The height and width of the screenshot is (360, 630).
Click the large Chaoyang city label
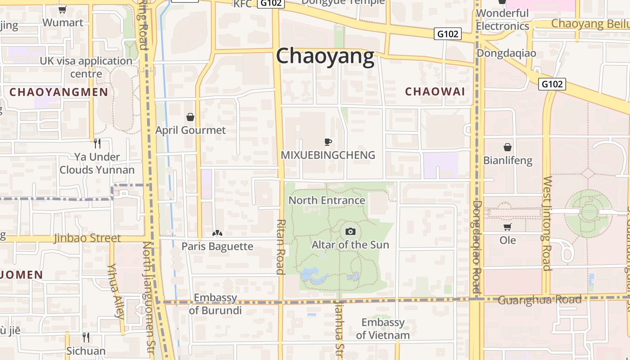tap(325, 57)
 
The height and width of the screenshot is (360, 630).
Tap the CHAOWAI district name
tap(435, 92)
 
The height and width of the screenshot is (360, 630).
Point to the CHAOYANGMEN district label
tap(58, 92)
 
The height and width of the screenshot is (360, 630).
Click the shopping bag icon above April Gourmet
tap(190, 117)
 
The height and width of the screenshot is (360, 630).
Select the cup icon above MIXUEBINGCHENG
tap(328, 142)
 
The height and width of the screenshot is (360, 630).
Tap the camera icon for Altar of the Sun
tap(350, 232)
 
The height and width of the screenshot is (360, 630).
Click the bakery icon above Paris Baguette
tap(217, 234)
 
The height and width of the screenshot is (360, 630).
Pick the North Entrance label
tap(327, 200)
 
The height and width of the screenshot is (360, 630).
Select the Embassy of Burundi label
tap(215, 304)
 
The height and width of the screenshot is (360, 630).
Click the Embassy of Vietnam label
tap(383, 328)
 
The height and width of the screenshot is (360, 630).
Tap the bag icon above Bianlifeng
tap(508, 147)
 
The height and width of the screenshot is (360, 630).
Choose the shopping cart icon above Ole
tap(508, 227)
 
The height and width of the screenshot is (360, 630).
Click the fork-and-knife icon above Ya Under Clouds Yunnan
tap(97, 144)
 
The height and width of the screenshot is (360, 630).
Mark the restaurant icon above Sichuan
tap(86, 337)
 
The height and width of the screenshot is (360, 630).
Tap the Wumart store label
tap(63, 22)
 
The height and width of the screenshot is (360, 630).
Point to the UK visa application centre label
tap(86, 67)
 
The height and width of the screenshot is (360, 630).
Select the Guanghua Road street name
tap(540, 300)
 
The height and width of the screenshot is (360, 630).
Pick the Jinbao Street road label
tap(87, 238)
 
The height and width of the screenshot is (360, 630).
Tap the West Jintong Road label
tap(547, 224)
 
